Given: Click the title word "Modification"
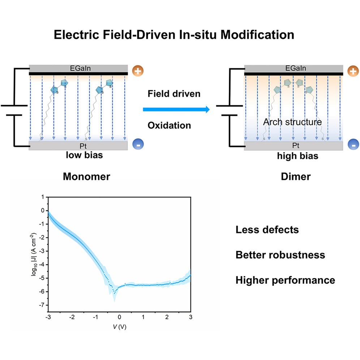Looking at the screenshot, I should click(x=259, y=35).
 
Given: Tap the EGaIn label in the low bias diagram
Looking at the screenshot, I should click(x=78, y=68).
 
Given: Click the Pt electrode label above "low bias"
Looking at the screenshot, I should click(x=78, y=146).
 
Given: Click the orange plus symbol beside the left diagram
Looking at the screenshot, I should click(x=137, y=71).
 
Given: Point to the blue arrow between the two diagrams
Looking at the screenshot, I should click(x=176, y=109).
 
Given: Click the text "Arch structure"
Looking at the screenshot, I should click(x=292, y=122).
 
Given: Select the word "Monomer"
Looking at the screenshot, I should click(x=86, y=176).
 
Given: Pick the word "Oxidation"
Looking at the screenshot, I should click(x=169, y=125).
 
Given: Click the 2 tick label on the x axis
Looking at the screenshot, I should click(x=167, y=317).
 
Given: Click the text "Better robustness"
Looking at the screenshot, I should click(x=280, y=255).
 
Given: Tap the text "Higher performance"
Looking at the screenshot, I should click(x=285, y=280).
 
